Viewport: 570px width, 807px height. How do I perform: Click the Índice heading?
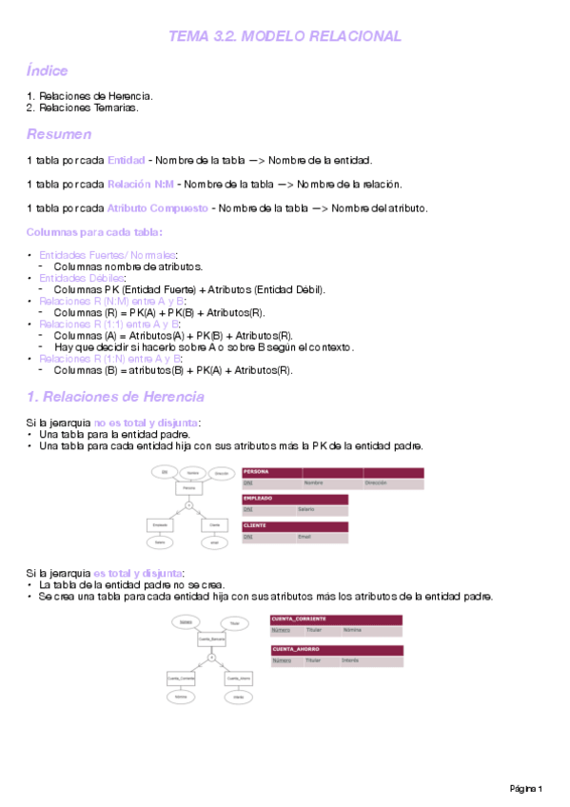point(47,71)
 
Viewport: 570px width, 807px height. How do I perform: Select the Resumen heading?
point(59,133)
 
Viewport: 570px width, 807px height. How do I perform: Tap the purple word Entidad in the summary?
point(126,159)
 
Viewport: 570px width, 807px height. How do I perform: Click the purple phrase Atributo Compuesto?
point(158,208)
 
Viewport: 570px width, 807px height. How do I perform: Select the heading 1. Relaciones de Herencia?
point(115,396)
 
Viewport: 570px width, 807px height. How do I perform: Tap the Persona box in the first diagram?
point(189,488)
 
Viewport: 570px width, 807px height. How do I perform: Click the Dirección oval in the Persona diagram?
point(222,472)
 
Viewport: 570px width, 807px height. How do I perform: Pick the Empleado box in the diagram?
point(162,524)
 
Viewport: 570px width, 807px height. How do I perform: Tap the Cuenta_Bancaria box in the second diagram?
point(211,639)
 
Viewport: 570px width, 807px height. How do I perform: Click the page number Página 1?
point(526,789)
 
